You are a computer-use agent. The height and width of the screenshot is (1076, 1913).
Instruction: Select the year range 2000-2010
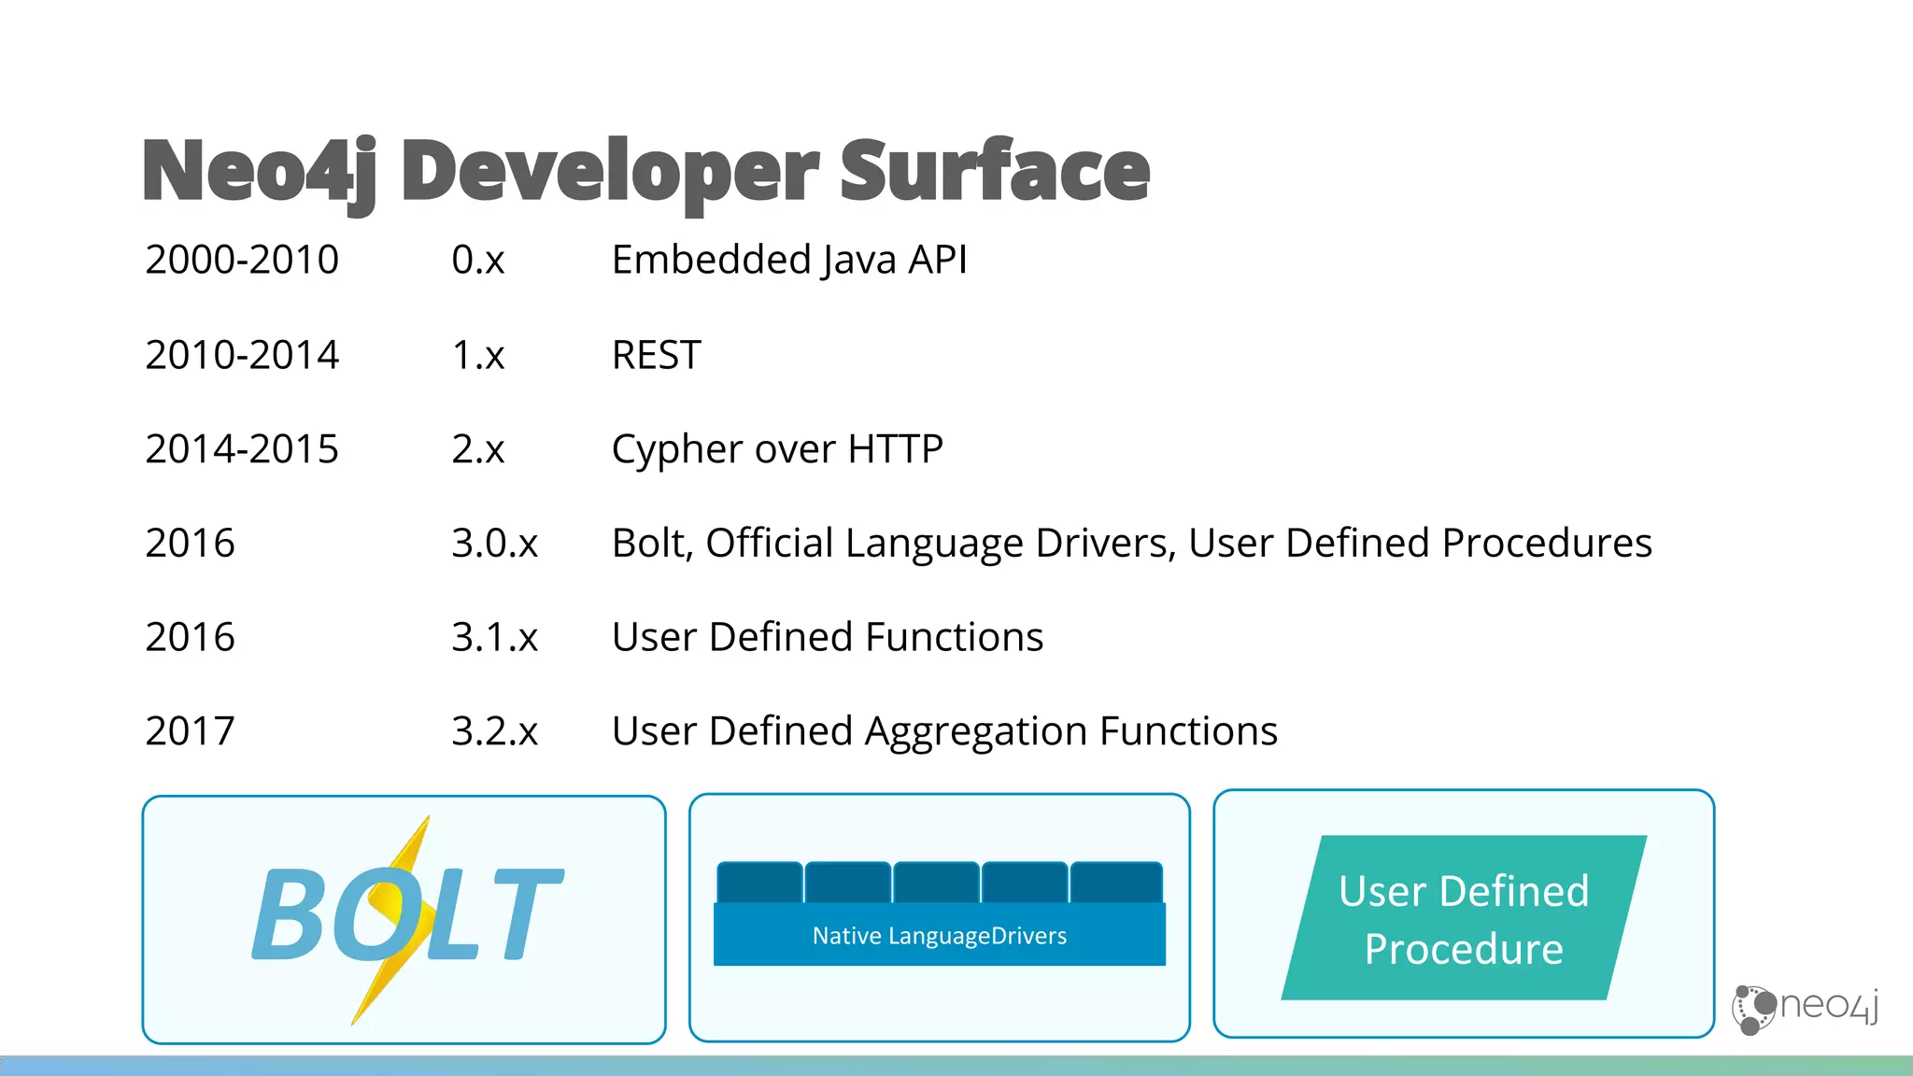tap(242, 260)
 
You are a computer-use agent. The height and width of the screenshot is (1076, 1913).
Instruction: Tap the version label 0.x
tap(477, 260)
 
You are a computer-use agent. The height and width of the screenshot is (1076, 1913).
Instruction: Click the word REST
tap(656, 355)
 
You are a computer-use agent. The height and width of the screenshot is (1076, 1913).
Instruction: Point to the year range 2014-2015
tap(242, 449)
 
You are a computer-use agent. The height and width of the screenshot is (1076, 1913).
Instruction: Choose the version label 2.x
tap(477, 449)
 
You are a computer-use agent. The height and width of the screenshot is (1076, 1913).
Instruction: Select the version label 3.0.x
tap(494, 544)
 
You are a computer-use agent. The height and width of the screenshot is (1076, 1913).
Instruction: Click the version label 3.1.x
tap(494, 638)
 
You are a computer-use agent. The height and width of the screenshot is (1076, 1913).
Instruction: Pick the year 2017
tap(190, 731)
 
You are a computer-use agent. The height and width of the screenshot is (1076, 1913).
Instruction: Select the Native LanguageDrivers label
tap(939, 936)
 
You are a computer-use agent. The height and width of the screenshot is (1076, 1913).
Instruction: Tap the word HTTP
tap(895, 449)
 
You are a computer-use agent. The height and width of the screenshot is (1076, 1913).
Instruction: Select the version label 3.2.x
tap(494, 731)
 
